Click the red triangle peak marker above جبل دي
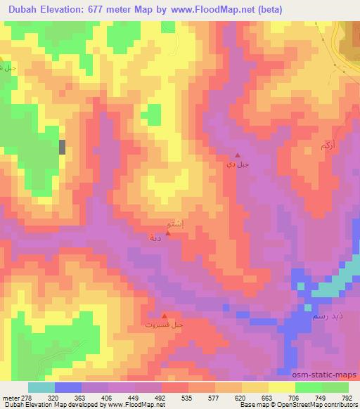(x=238, y=156)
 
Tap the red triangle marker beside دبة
(x=167, y=234)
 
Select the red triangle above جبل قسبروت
(x=165, y=316)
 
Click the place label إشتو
(x=174, y=224)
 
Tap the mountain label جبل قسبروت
(x=165, y=325)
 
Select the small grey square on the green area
(x=63, y=147)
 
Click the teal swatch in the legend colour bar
(x=41, y=387)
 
